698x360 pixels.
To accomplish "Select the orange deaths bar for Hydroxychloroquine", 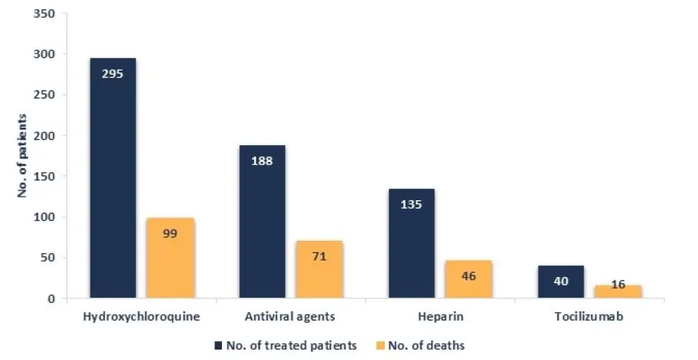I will [170, 258].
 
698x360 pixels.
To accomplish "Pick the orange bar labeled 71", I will [319, 269].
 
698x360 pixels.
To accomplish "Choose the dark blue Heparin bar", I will [411, 243].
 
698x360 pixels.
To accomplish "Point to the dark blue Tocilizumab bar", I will [560, 282].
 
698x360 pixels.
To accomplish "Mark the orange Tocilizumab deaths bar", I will [618, 292].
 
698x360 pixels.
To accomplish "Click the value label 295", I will [112, 73].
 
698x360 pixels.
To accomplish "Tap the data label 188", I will [262, 160].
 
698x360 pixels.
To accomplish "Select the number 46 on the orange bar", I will [468, 276].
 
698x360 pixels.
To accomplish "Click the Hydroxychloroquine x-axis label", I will [142, 317].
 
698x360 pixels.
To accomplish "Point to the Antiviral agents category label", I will [290, 317].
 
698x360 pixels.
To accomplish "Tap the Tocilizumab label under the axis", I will [589, 317].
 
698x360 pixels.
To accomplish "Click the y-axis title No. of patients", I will [22, 156].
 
